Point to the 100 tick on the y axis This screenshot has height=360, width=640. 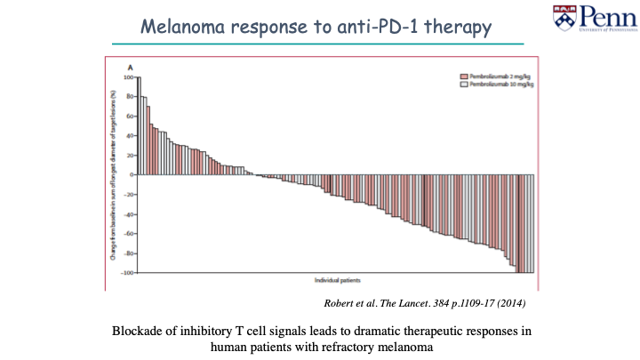point(127,77)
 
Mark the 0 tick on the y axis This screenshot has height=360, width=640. point(130,174)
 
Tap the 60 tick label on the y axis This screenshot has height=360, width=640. point(128,116)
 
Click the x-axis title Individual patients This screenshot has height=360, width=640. point(333,281)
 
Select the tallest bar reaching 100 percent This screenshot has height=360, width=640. point(139,125)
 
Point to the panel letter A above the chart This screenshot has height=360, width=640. point(130,68)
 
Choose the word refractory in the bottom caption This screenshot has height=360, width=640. point(360,347)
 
